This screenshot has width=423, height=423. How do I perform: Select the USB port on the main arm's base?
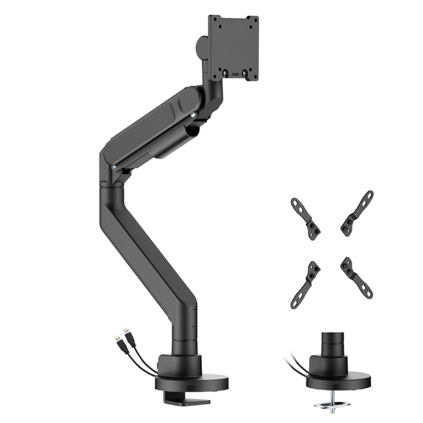tap(191, 385)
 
